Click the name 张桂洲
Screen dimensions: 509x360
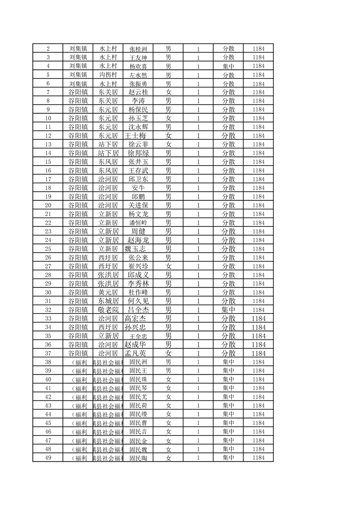138,49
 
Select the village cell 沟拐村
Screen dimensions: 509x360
108,75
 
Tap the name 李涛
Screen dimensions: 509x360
138,101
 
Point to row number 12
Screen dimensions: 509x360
48,136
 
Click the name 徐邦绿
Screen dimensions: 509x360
138,153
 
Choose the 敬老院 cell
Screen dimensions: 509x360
108,310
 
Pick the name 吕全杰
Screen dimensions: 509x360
138,310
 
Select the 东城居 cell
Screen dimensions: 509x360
108,301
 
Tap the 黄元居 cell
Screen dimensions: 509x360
108,293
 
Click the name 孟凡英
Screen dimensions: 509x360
138,353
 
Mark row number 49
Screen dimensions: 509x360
48,458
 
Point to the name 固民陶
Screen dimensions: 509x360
138,458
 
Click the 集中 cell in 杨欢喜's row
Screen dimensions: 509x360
228,66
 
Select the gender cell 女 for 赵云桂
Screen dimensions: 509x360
168,92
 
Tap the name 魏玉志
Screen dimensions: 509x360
138,249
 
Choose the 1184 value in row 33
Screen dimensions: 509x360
258,318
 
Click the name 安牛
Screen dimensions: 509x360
138,188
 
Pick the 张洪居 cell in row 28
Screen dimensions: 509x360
108,275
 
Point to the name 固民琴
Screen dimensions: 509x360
138,388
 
